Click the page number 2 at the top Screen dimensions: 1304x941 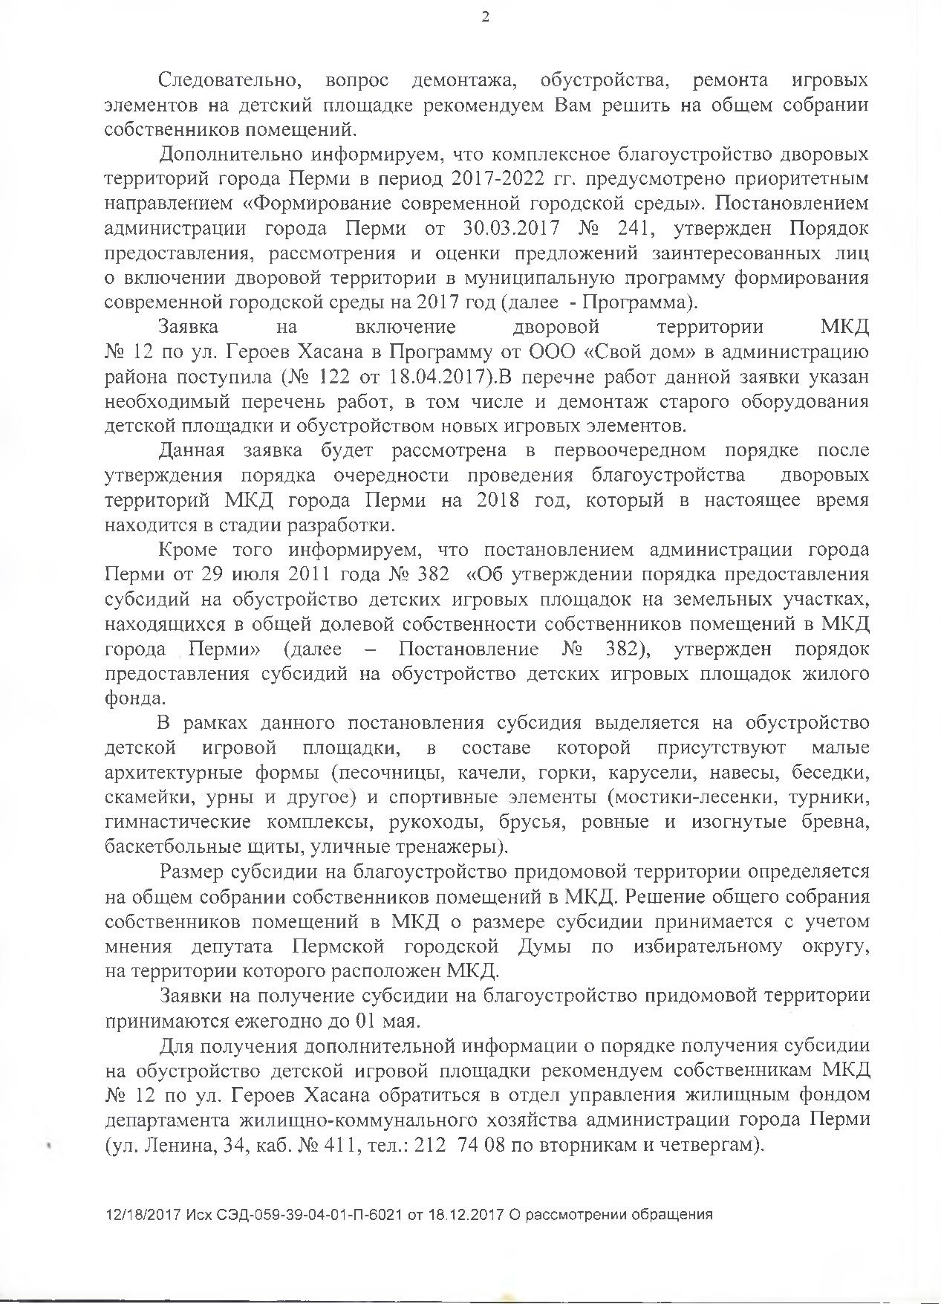(x=485, y=18)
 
